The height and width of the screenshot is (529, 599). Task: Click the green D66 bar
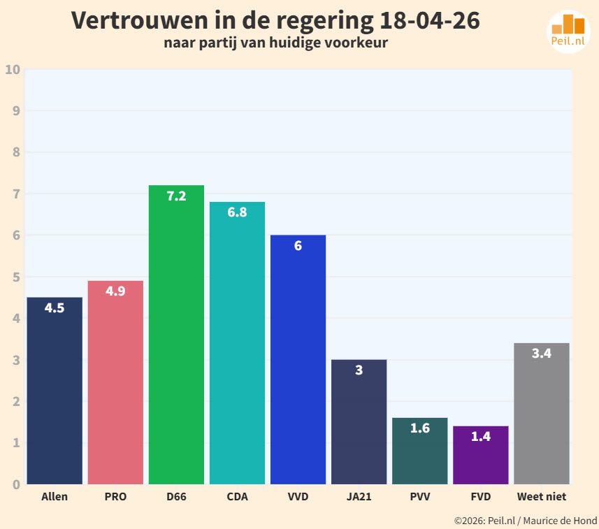(176, 335)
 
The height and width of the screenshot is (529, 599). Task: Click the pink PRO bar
(115, 384)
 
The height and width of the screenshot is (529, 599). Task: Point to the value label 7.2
(176, 196)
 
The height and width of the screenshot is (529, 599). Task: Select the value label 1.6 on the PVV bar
(419, 428)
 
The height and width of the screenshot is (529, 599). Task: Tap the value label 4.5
(55, 308)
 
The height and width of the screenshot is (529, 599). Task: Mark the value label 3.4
(541, 354)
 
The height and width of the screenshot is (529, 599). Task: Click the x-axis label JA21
(359, 497)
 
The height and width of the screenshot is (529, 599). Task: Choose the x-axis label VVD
(298, 497)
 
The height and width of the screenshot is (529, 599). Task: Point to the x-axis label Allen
(55, 497)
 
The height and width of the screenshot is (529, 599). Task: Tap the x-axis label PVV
(419, 497)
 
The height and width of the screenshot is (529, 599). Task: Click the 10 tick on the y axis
(12, 69)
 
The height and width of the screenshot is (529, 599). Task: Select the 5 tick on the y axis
(15, 277)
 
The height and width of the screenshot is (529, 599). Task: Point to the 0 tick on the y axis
(15, 484)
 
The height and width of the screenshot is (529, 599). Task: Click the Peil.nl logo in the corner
(568, 31)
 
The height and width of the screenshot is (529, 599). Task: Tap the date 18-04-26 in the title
(429, 21)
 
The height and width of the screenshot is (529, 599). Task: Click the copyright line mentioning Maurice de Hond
(525, 521)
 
